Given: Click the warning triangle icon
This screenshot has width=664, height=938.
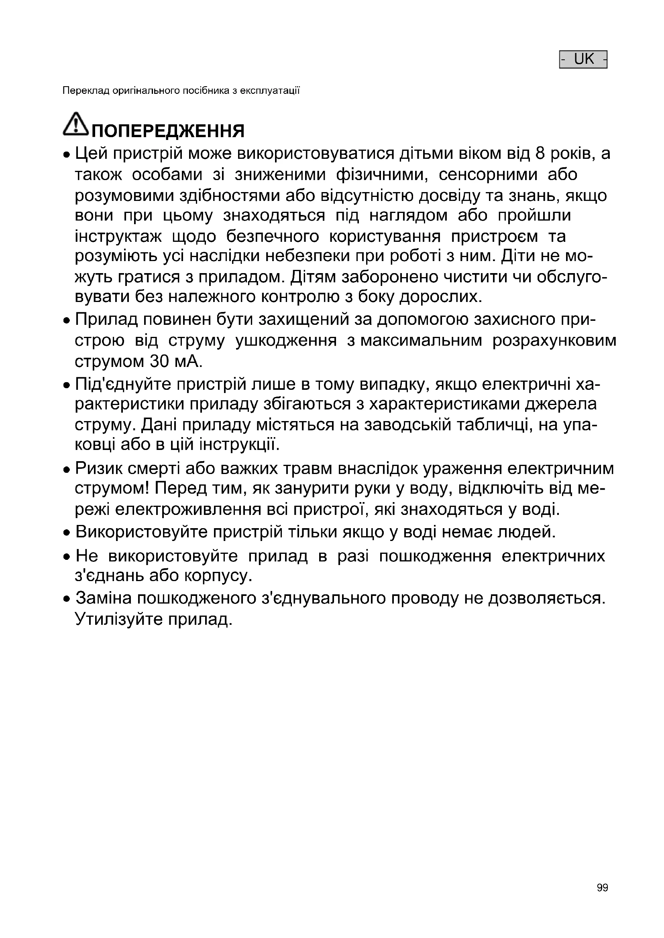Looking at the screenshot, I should click(x=75, y=124).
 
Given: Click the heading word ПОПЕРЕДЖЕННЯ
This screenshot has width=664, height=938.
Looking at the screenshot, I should click(x=168, y=131).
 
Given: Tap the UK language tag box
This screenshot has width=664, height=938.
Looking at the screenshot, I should click(x=583, y=59).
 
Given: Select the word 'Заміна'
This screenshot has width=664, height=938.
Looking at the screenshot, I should click(x=104, y=598).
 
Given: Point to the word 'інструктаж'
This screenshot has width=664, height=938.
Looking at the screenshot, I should click(x=118, y=237).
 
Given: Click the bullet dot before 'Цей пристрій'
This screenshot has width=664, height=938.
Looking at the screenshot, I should click(x=67, y=156).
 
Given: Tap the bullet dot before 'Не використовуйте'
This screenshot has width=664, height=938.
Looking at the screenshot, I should click(x=67, y=558).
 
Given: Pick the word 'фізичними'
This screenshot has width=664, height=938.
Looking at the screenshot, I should click(x=381, y=175).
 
